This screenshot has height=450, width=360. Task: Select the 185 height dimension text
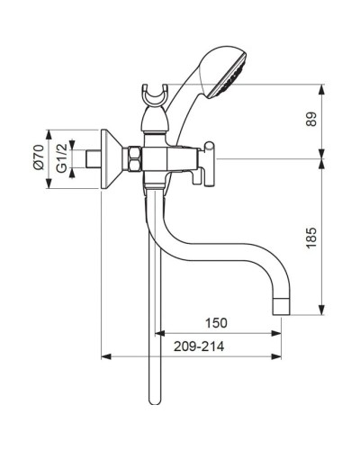coord(337,238)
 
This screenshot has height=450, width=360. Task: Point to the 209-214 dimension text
coord(201,344)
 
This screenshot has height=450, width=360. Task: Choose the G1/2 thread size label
coord(60,162)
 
